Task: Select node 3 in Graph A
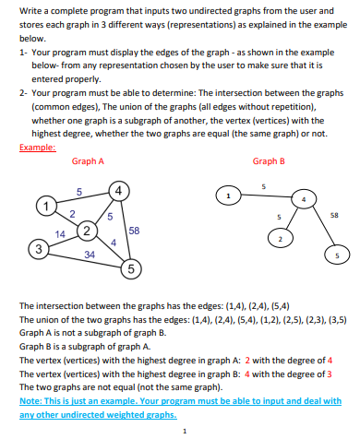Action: (x=37, y=247)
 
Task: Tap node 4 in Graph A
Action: (x=116, y=192)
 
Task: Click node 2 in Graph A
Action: (x=86, y=230)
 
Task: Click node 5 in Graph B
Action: (x=338, y=255)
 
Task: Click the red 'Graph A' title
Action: (x=88, y=161)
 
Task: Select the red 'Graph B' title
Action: (x=268, y=161)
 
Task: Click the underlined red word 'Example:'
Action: (x=33, y=146)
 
